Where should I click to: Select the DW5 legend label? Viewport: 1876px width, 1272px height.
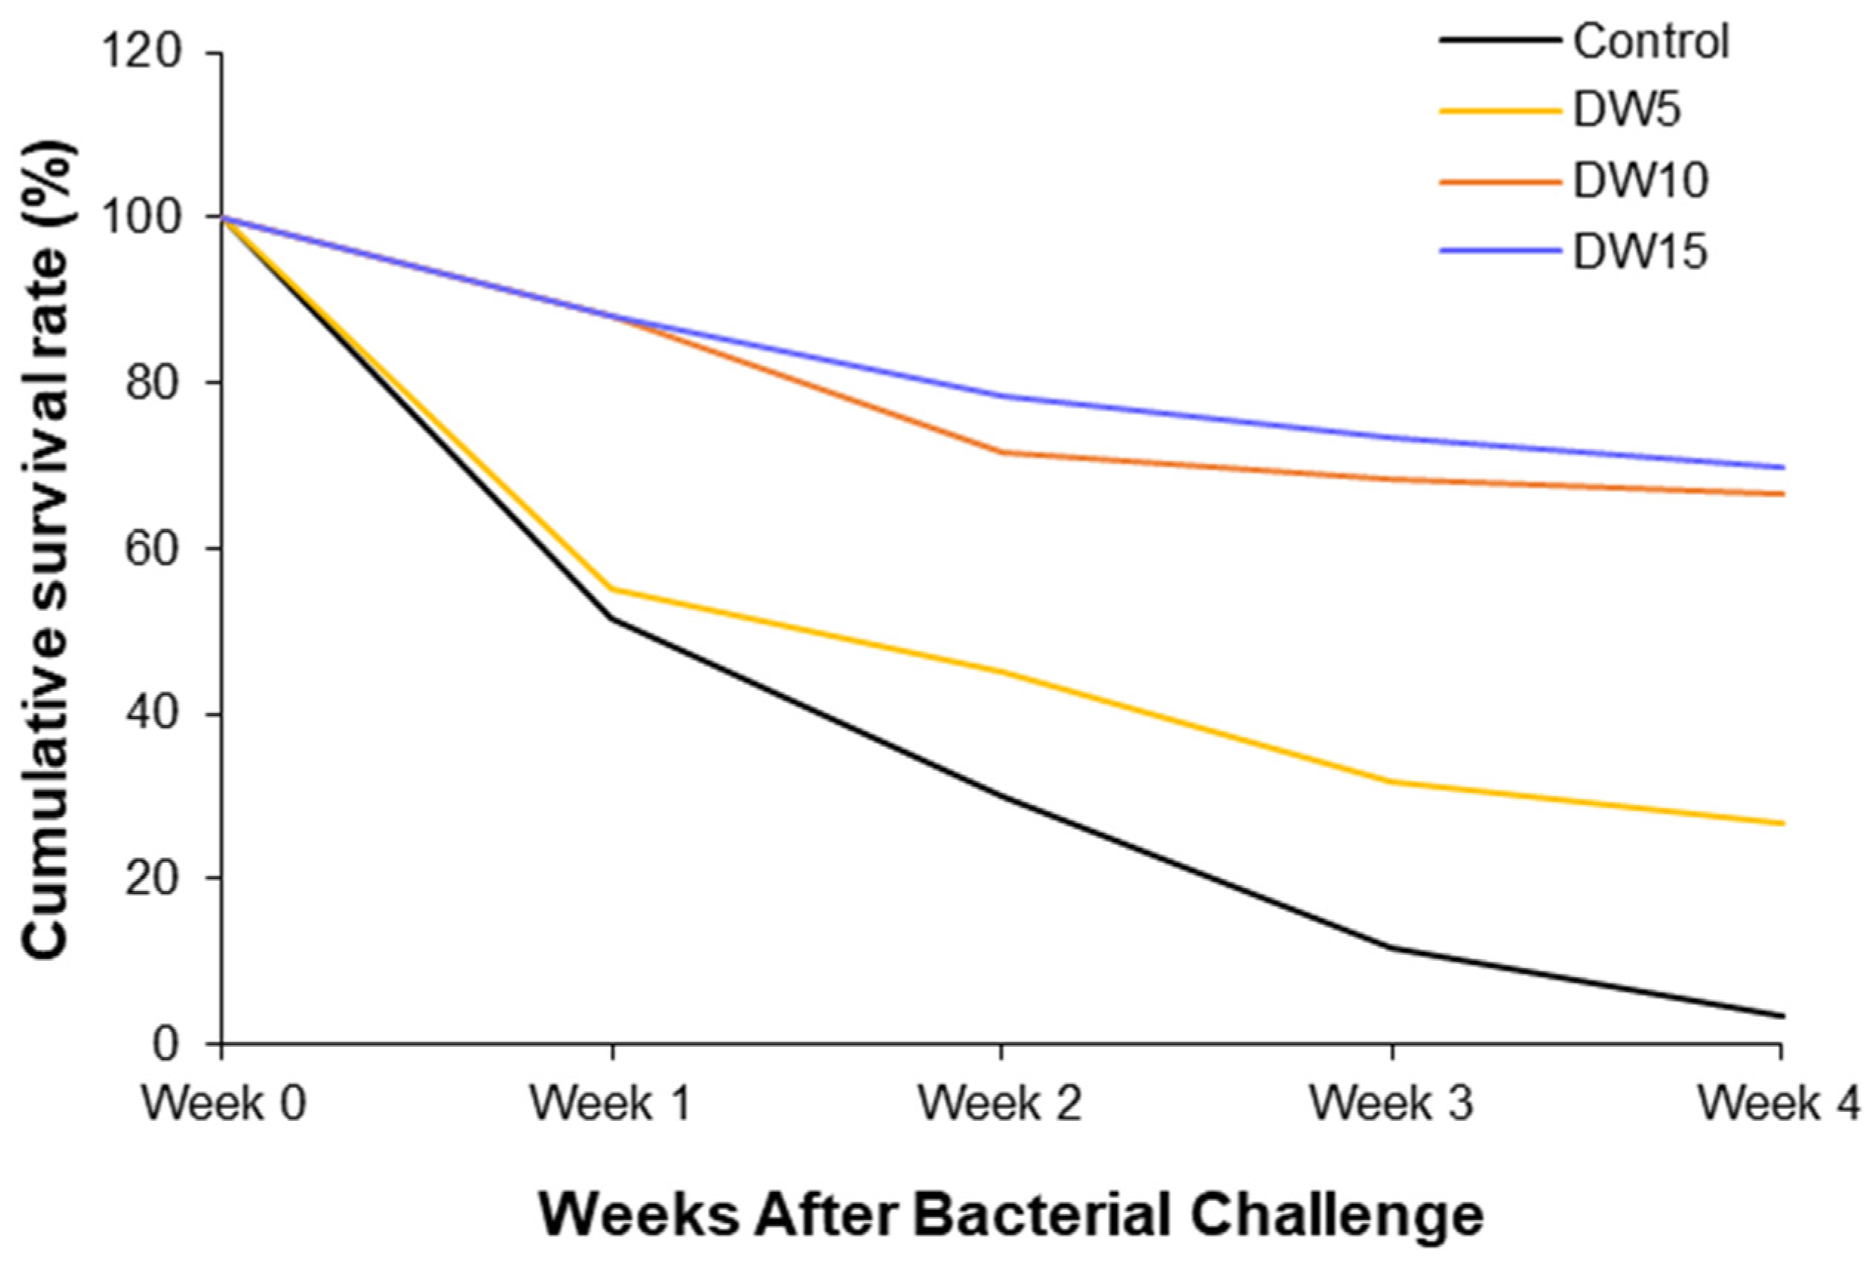coord(1626,110)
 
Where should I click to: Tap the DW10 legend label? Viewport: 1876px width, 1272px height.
coord(1640,181)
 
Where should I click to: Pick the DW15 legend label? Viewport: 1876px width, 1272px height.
coord(1640,251)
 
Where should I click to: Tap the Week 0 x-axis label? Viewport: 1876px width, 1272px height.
coord(224,1103)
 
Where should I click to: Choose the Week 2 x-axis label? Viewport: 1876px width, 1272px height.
coord(1000,1103)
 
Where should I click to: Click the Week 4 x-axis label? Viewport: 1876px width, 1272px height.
coord(1778,1103)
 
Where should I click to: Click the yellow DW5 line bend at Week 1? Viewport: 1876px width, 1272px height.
coord(612,589)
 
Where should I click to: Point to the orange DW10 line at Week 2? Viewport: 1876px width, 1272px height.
coord(1001,452)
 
